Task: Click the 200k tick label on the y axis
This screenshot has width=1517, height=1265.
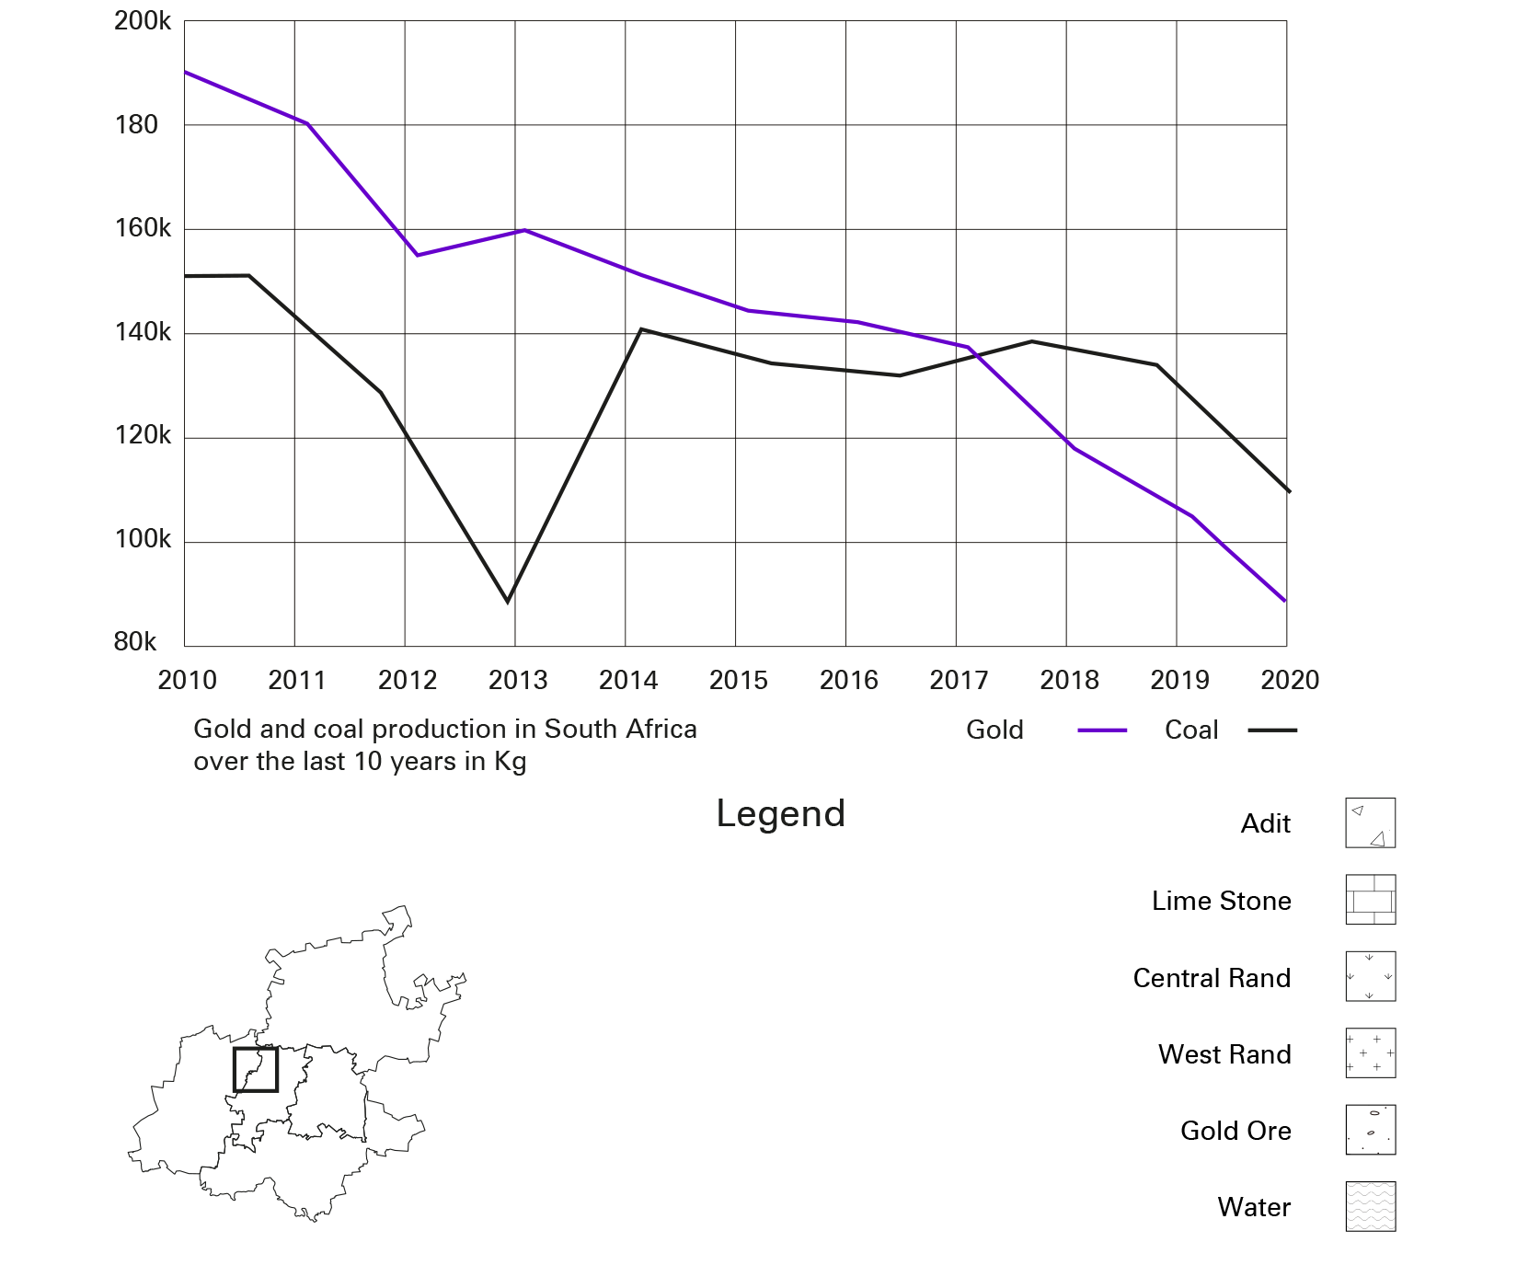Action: (143, 20)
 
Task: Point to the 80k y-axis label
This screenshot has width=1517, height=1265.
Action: (135, 642)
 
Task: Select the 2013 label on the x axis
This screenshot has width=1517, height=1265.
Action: (518, 681)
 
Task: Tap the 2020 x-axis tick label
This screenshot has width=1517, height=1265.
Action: (1290, 681)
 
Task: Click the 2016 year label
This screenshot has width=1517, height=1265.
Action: (848, 681)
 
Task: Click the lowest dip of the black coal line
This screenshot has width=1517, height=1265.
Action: (507, 601)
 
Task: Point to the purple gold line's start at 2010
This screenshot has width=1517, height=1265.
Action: (186, 72)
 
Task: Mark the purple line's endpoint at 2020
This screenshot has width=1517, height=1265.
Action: (1284, 601)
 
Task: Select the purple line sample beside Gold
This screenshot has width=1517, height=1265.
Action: (1102, 730)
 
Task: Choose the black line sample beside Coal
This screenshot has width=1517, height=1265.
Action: (1272, 730)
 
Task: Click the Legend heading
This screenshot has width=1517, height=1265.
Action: (780, 814)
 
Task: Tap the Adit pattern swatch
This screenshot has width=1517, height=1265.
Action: (1370, 822)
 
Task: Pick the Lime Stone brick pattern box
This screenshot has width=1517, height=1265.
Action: (1370, 900)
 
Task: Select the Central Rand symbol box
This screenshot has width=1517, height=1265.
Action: (1370, 976)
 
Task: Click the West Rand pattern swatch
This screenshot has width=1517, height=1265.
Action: (1370, 1052)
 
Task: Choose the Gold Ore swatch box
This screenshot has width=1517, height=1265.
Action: (1370, 1130)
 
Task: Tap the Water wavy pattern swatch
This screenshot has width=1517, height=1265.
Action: (1370, 1206)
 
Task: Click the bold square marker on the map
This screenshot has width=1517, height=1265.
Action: (255, 1069)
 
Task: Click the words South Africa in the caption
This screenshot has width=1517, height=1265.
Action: (620, 730)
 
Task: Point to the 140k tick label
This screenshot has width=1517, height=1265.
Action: (143, 332)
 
